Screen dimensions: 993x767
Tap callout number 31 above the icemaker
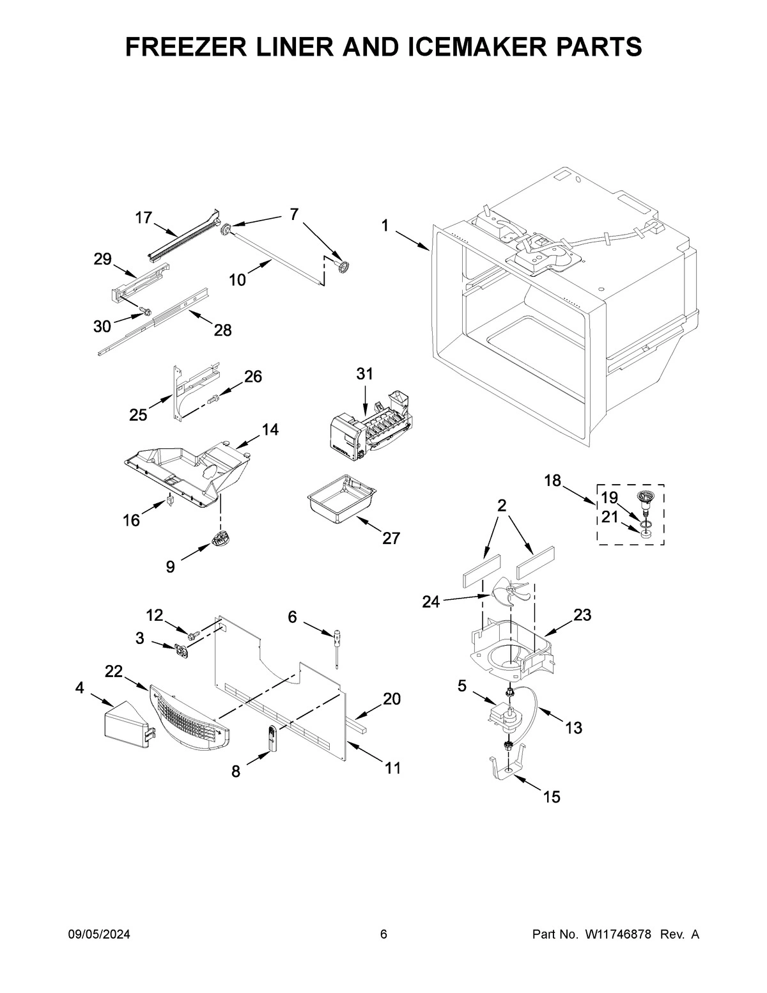pyautogui.click(x=364, y=374)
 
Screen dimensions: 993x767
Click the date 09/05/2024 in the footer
pyautogui.click(x=99, y=934)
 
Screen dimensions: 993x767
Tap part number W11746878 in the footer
pyautogui.click(x=617, y=934)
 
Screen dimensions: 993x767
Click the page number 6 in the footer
pyautogui.click(x=383, y=934)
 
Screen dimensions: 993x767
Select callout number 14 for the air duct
pyautogui.click(x=270, y=430)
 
